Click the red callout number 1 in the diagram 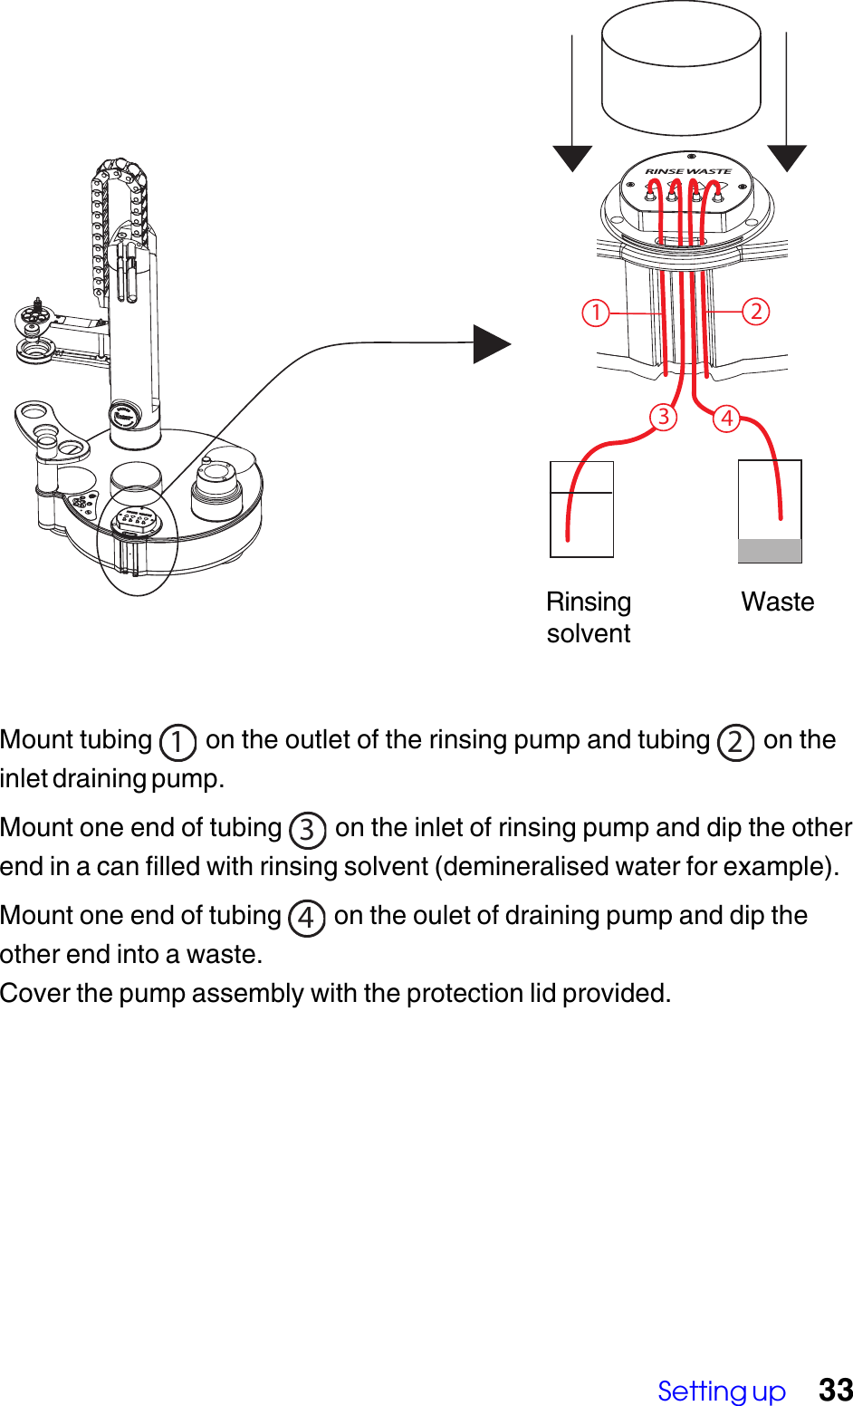[596, 313]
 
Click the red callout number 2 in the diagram [756, 312]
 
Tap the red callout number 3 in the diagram [664, 417]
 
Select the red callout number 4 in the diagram [726, 419]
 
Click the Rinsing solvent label [589, 618]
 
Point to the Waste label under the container [777, 602]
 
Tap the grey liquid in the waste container [770, 551]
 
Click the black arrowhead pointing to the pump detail [492, 344]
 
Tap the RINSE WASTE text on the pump [688, 171]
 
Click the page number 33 [835, 1390]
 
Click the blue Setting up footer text [722, 1391]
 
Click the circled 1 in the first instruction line [177, 742]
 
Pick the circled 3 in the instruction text [307, 829]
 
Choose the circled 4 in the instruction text [306, 918]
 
